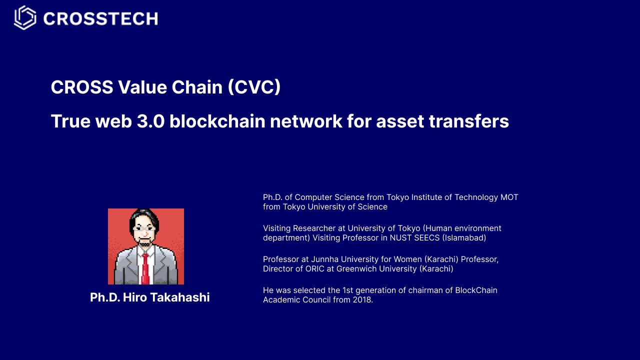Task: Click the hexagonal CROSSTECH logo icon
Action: click(25, 18)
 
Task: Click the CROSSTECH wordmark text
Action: click(100, 19)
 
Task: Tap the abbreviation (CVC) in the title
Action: click(254, 87)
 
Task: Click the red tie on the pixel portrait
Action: click(145, 267)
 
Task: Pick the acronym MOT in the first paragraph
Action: click(509, 197)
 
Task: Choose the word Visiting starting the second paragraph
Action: click(276, 228)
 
